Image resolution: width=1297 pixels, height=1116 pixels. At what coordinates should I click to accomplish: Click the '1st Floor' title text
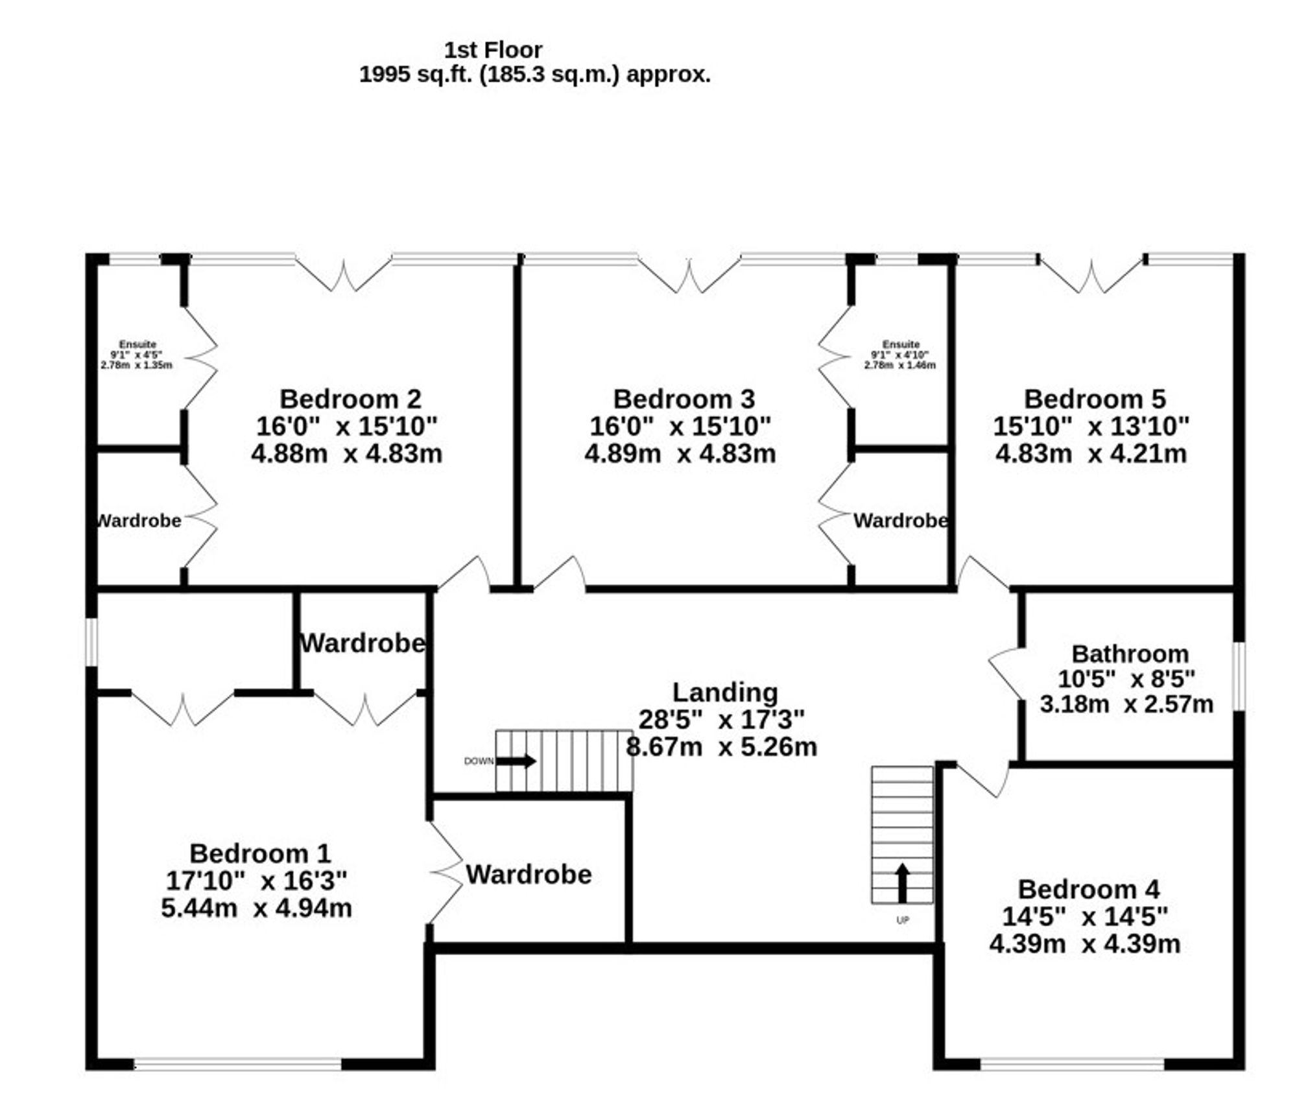pyautogui.click(x=493, y=50)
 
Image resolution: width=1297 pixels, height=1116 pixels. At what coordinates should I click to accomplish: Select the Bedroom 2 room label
pyautogui.click(x=350, y=399)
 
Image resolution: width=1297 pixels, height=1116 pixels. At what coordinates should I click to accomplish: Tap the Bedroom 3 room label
pyautogui.click(x=684, y=399)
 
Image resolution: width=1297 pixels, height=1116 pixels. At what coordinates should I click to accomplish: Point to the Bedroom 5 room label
pyautogui.click(x=1094, y=399)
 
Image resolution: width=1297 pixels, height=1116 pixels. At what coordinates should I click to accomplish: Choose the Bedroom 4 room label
pyautogui.click(x=1088, y=889)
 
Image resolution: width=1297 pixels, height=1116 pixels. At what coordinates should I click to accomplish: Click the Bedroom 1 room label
pyautogui.click(x=260, y=853)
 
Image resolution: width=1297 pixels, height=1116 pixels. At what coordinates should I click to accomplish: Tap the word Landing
pyautogui.click(x=724, y=693)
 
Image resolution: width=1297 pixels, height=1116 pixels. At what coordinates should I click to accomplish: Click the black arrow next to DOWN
pyautogui.click(x=516, y=761)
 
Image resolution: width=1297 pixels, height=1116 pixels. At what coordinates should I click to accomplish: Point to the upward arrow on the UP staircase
pyautogui.click(x=902, y=883)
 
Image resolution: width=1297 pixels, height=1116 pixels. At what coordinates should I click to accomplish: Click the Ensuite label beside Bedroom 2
pyautogui.click(x=137, y=344)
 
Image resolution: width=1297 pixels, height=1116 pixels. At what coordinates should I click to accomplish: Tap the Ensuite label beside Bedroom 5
pyautogui.click(x=901, y=344)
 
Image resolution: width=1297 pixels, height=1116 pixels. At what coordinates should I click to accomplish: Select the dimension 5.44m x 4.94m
pyautogui.click(x=257, y=908)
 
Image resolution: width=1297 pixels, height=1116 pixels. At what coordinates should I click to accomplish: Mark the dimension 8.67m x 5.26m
pyautogui.click(x=721, y=747)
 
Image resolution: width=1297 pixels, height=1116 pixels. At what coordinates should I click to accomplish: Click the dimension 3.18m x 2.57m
pyautogui.click(x=1126, y=704)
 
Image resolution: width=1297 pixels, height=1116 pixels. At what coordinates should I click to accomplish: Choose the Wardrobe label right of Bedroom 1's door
pyautogui.click(x=529, y=875)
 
